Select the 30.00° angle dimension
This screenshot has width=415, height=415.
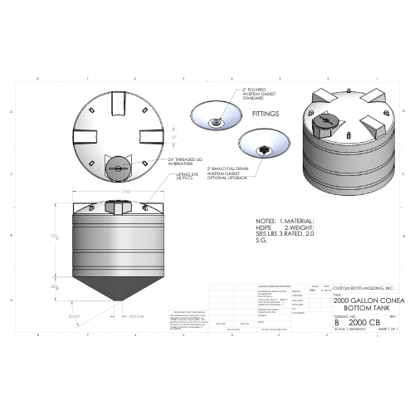point(75,316)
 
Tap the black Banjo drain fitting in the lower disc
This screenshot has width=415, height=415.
point(266,150)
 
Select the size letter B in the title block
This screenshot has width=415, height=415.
point(337,321)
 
